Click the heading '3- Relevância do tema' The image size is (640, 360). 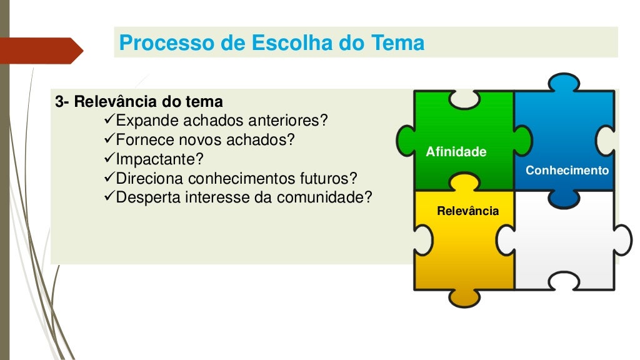(x=139, y=101)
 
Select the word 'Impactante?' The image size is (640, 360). (x=159, y=159)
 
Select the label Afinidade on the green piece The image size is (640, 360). (x=456, y=152)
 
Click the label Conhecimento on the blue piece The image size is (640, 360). (x=567, y=170)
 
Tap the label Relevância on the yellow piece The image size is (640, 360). (x=467, y=211)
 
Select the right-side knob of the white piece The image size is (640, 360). (x=623, y=239)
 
